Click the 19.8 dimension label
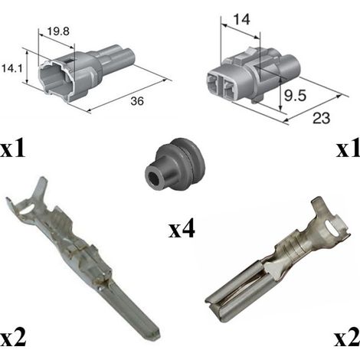point(58,31)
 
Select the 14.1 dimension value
point(11,68)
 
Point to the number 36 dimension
point(137,101)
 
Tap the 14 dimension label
point(241,19)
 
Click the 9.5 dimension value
point(295,96)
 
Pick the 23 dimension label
point(321,118)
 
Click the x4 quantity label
point(182,229)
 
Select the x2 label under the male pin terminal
point(13,337)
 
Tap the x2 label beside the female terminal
point(347,337)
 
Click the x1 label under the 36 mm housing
point(13,149)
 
